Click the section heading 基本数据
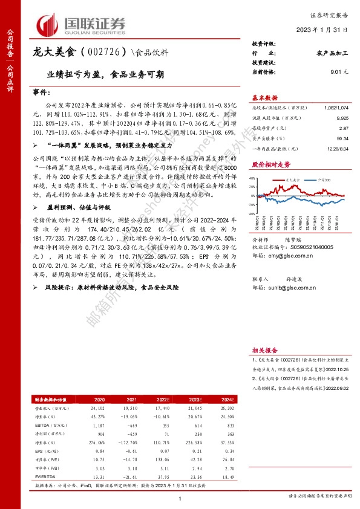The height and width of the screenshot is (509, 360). click(x=264, y=97)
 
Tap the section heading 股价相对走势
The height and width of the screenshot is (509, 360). click(x=267, y=164)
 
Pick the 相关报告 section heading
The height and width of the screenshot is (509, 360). click(x=264, y=350)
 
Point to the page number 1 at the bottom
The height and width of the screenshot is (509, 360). click(x=180, y=498)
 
